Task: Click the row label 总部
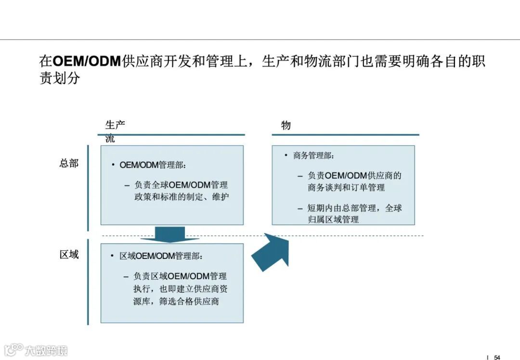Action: [x=69, y=164]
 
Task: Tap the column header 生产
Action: [x=115, y=125]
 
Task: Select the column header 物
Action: [x=286, y=126]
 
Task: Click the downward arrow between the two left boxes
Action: [x=170, y=234]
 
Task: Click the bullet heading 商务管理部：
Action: [x=314, y=155]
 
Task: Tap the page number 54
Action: [x=497, y=357]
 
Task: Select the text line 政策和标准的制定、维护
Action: [x=181, y=197]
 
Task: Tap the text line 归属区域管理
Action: [x=333, y=219]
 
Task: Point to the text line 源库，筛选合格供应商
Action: [x=176, y=302]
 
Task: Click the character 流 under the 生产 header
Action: [x=110, y=140]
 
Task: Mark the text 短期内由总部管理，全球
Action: [x=355, y=208]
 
